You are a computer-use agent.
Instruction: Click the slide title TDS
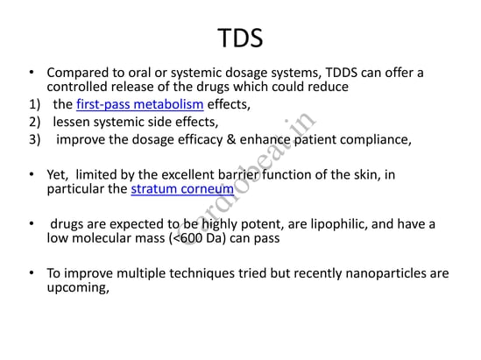point(240,38)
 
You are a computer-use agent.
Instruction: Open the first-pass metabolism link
point(140,104)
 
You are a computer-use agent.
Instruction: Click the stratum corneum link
point(182,189)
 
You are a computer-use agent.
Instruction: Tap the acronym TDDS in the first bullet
point(341,73)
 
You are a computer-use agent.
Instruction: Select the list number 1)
point(35,104)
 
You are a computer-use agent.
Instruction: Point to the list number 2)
point(35,122)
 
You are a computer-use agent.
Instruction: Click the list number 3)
point(35,139)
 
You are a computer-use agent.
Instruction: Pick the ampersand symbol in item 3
point(231,139)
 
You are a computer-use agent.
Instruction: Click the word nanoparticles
point(386,273)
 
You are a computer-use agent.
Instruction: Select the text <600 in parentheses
point(187,238)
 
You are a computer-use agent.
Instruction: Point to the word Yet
point(57,175)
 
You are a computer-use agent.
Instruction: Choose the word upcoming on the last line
point(78,287)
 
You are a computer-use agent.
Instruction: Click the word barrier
point(239,175)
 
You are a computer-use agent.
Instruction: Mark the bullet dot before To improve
point(32,272)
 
